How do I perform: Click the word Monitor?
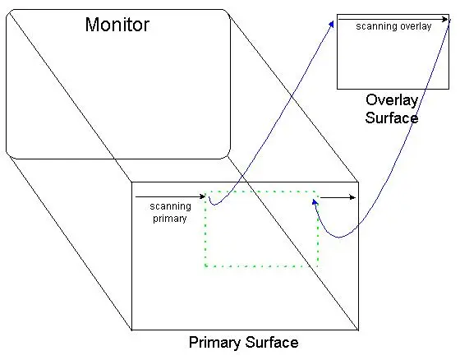point(117,25)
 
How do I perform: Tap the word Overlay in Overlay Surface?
point(392,101)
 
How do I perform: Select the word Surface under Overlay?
point(392,118)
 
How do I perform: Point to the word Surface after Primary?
point(272,343)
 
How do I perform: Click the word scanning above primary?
point(171,206)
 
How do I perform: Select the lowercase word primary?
point(170,219)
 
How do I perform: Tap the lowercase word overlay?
point(416,26)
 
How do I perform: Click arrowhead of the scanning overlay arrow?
point(445,20)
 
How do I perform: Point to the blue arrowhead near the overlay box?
point(332,24)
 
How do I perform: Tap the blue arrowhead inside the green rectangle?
point(315,202)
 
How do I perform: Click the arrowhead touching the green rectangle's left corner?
point(202,196)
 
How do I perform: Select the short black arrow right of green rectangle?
point(338,197)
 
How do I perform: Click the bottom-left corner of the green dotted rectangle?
point(205,266)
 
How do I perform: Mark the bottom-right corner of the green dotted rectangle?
point(318,266)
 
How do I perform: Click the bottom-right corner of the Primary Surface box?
point(358,330)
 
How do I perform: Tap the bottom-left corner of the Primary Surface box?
point(131,330)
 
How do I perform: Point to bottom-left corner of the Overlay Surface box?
point(337,89)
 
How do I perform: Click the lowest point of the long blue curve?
point(339,238)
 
